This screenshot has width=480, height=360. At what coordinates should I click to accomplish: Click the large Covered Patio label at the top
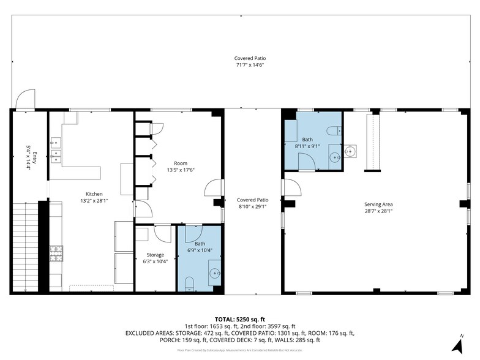pos(250,59)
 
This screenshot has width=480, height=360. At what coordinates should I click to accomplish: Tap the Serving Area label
pos(378,204)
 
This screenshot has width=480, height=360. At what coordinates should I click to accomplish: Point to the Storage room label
pos(155,255)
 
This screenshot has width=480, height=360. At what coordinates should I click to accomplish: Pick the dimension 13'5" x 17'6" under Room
pos(180,170)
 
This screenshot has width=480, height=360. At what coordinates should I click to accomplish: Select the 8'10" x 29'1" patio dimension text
pos(253,206)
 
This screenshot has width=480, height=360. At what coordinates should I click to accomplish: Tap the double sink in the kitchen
pos(56,156)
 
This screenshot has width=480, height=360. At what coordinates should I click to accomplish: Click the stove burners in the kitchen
pos(56,253)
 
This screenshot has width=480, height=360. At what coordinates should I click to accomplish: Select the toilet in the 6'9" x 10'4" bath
pos(189,283)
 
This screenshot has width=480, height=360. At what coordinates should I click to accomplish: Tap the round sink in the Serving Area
pos(350,150)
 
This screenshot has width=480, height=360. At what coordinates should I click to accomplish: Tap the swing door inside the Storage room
pos(163,233)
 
